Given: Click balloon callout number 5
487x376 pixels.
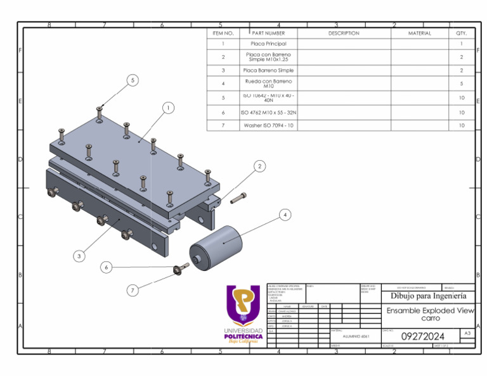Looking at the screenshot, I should point(133,80).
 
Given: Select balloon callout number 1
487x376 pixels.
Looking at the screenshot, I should point(168,108).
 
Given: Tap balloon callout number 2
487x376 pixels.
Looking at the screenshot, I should point(259,166).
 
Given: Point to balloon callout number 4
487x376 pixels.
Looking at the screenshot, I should point(285,215).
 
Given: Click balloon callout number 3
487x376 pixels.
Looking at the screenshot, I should point(79,256).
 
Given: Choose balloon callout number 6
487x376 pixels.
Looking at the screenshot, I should point(107,268).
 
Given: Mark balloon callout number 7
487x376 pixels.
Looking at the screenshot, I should point(133,290).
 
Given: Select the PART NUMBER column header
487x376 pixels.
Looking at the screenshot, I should point(268,33).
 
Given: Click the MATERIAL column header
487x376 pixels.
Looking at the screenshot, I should point(419,33).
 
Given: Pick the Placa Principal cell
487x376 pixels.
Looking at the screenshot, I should point(268,44).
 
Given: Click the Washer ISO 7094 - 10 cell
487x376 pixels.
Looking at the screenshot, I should point(268,125).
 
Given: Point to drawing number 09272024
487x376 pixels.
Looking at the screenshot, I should point(423,335).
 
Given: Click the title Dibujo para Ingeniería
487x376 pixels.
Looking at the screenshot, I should point(428,296).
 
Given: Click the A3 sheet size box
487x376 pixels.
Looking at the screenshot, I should point(467,333).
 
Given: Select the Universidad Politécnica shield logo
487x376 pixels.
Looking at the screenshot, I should point(243,304).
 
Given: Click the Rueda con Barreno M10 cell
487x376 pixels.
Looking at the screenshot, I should point(268,84).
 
